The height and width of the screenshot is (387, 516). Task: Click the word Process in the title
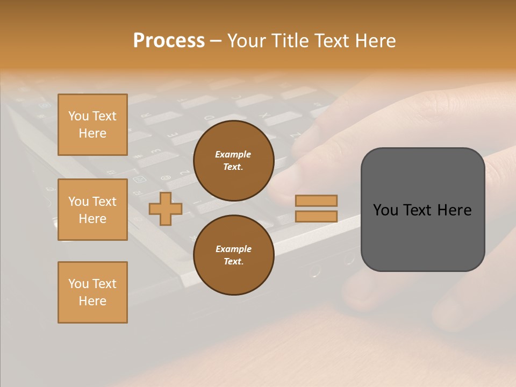[x=169, y=41]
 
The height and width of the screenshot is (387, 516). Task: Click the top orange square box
[x=92, y=125]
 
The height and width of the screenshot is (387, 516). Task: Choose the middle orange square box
[x=92, y=210]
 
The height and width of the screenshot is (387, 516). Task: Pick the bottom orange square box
[x=92, y=292]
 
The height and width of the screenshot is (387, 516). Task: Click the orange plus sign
[x=166, y=209]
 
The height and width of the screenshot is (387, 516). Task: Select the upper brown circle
[x=233, y=161]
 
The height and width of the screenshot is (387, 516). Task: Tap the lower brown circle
[x=233, y=255]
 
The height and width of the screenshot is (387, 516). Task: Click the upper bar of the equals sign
[x=316, y=200]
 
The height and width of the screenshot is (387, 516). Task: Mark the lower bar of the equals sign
[x=316, y=217]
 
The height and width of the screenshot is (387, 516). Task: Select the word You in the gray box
[x=386, y=210]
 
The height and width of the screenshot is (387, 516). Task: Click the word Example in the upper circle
[x=233, y=154]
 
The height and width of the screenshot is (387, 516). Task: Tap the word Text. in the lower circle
[x=233, y=262]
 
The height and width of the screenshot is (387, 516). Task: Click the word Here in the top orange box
[x=92, y=133]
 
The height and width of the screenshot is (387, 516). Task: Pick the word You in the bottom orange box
[x=78, y=284]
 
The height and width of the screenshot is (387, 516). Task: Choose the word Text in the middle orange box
[x=104, y=202]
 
